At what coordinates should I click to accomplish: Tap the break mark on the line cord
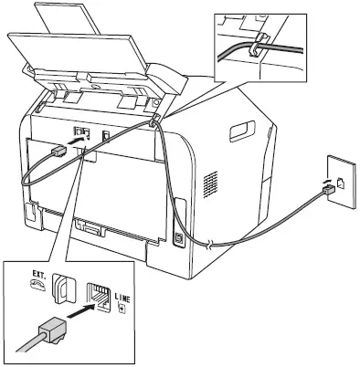pos(212,244)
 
